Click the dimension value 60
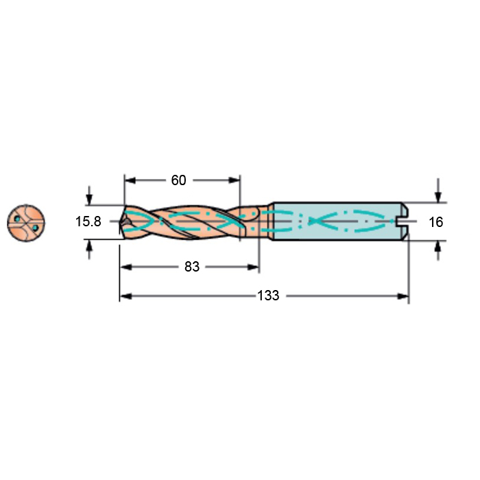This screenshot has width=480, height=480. point(178,180)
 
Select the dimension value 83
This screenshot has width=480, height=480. point(192,267)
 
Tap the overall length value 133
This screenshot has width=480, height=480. point(268,296)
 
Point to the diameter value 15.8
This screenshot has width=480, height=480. point(88,221)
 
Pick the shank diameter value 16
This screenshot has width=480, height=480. point(436,222)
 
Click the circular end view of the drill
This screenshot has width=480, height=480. point(26,223)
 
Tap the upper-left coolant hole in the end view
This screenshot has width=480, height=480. point(17,219)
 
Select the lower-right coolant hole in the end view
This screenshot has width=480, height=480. point(35,228)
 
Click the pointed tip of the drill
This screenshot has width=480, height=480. point(120,221)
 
